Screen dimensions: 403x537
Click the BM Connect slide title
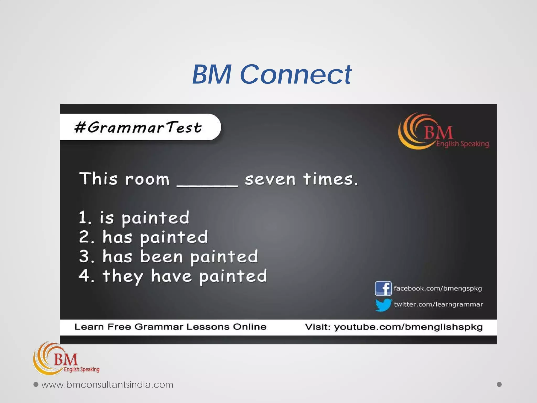click(x=272, y=75)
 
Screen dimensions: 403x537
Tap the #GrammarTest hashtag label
click(x=138, y=128)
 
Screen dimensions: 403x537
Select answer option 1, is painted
click(x=134, y=218)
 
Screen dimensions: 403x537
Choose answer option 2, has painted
click(x=143, y=237)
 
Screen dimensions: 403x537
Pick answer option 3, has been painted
click(x=168, y=257)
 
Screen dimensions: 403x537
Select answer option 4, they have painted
click(x=173, y=276)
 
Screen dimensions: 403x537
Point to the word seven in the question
click(x=270, y=179)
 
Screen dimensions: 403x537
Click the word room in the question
click(x=147, y=179)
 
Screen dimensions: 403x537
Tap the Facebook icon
click(x=383, y=288)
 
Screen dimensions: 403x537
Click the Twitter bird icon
click(x=383, y=305)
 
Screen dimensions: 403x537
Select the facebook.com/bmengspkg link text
click(x=438, y=289)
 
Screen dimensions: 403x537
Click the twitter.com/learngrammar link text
click(x=438, y=304)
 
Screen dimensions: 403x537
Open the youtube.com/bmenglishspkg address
click(x=408, y=327)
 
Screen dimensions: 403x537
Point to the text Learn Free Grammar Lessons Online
click(x=170, y=327)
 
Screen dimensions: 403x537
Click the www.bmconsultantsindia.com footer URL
click(x=107, y=385)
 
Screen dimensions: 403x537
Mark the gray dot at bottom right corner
click(x=499, y=384)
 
